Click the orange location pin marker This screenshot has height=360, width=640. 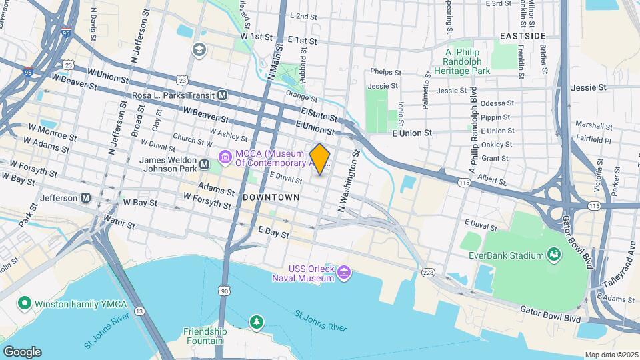tap(320, 159)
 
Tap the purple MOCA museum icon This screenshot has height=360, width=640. tap(225, 157)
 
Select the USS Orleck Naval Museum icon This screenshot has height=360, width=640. tap(344, 272)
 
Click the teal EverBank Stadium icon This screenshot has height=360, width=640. tap(552, 254)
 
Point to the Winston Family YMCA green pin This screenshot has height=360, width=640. tap(25, 303)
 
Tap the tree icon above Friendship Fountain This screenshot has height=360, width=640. tap(256, 323)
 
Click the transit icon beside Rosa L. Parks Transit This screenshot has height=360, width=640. tap(223, 95)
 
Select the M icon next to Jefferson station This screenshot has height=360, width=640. tap(85, 198)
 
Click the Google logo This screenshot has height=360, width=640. tap(22, 351)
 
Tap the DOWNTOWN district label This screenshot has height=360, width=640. tap(271, 198)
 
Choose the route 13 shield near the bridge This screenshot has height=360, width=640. tap(139, 311)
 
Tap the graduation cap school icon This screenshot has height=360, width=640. tap(199, 50)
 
